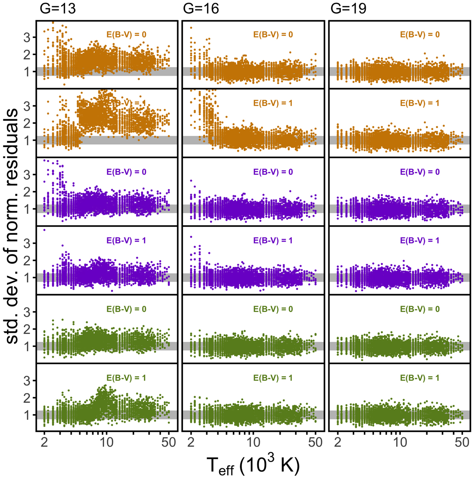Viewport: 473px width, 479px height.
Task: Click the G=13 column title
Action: click(58, 8)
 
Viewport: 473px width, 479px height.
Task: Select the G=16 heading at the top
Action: click(201, 8)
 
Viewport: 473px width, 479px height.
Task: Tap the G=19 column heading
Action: click(348, 8)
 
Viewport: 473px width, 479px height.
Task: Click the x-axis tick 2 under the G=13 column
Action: click(44, 442)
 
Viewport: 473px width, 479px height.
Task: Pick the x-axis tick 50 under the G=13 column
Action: click(169, 442)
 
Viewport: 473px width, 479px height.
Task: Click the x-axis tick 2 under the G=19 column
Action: click(338, 442)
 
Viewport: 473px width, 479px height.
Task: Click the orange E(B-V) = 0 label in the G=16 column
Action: click(273, 35)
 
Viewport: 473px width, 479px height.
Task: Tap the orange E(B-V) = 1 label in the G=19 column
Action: click(420, 103)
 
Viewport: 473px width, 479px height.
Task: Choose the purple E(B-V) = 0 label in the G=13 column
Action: click(126, 172)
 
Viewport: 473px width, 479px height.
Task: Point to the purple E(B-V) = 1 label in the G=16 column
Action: click(273, 240)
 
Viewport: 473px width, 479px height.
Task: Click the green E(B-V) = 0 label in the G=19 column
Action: click(420, 309)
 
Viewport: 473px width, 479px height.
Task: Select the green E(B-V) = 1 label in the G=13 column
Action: click(126, 378)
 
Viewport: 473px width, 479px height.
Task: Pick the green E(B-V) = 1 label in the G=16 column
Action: click(273, 378)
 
